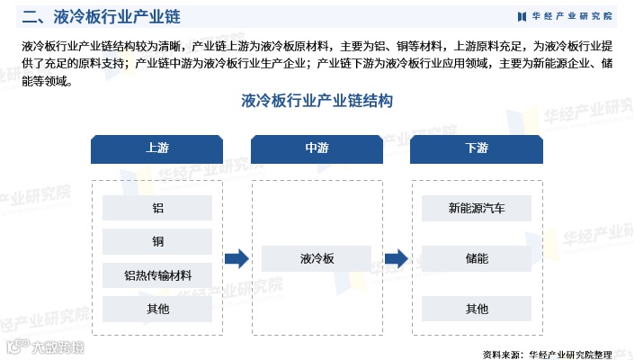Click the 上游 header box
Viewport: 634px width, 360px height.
156,148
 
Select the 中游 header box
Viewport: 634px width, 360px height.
317,148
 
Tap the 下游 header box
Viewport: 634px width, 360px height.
477,148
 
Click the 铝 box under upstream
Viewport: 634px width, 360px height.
157,208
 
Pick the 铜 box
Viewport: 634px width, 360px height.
157,241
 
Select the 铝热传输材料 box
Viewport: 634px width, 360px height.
157,274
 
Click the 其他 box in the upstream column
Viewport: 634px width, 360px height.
157,309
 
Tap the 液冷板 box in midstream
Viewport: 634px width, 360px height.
317,259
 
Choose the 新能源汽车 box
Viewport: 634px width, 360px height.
477,208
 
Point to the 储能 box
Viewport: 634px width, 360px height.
477,259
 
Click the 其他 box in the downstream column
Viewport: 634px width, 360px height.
477,309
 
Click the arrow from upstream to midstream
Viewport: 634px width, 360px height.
237,259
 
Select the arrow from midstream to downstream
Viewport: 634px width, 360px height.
397,259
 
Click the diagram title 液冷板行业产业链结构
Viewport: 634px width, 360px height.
317,102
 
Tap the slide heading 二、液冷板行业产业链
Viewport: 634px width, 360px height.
89,16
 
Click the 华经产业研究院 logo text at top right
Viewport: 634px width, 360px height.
570,16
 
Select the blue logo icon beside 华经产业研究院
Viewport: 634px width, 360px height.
522,16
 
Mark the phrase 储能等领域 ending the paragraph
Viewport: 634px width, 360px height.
46,80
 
